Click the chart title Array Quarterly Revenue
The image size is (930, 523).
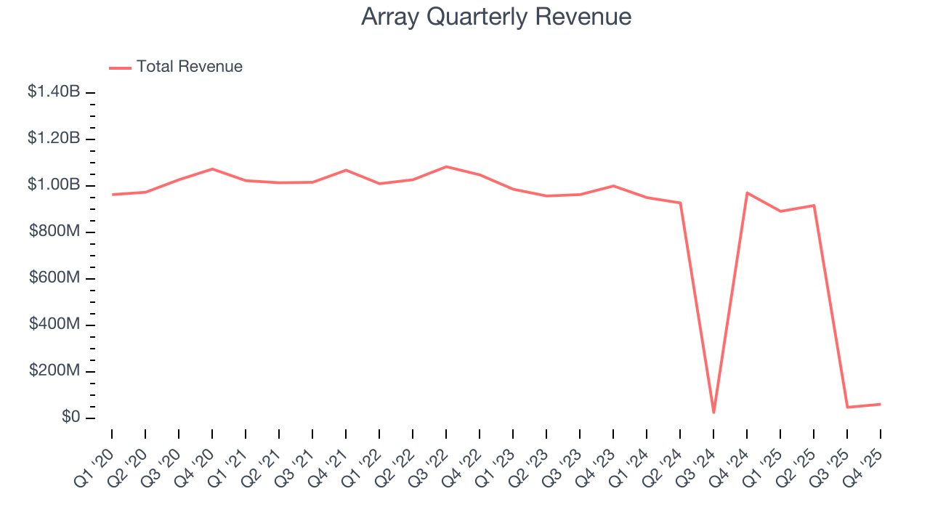[496, 17]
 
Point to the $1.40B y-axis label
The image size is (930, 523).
[54, 92]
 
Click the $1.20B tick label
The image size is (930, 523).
[54, 139]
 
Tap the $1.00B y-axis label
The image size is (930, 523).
[54, 185]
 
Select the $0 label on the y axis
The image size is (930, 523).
[71, 418]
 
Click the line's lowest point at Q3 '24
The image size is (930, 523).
[713, 413]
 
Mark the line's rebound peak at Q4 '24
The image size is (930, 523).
[747, 192]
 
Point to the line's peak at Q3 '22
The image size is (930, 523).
[446, 166]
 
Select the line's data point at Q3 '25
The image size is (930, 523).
[847, 407]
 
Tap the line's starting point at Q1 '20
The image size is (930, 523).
[112, 195]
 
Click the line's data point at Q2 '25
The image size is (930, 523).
[814, 205]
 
